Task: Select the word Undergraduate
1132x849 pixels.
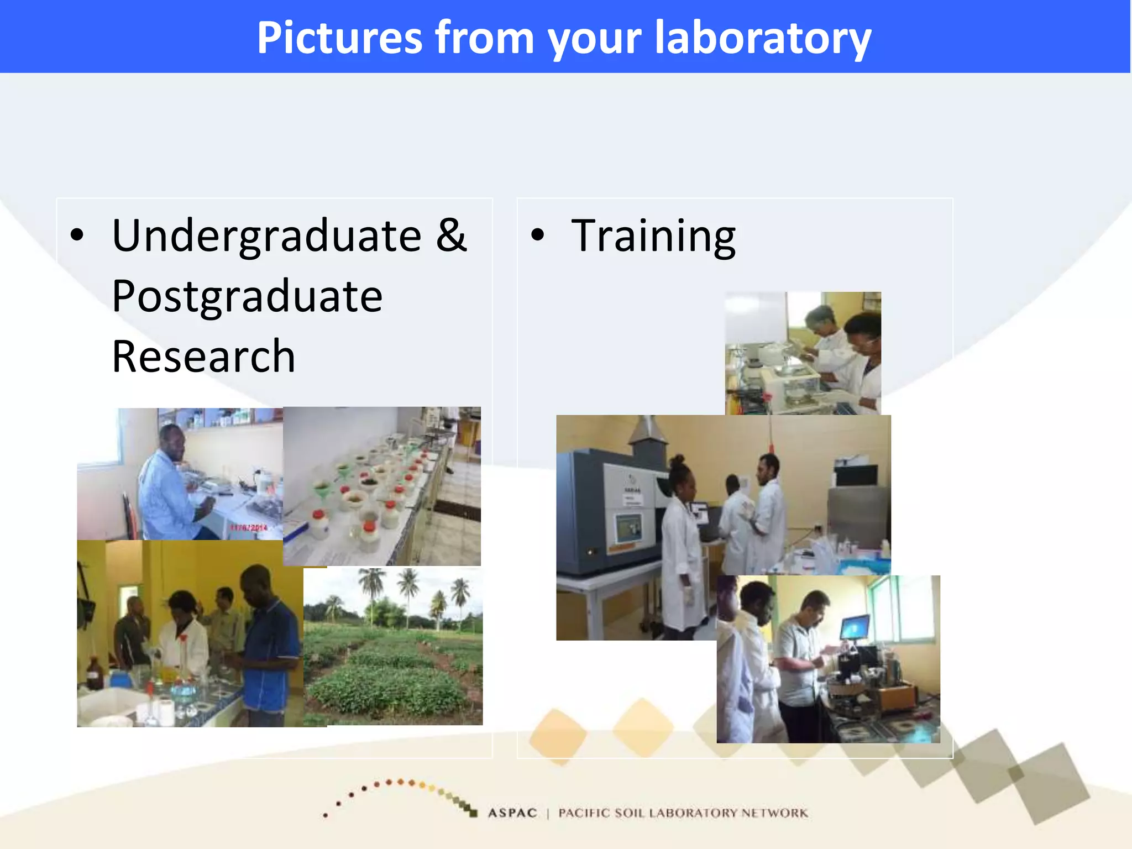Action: pos(266,236)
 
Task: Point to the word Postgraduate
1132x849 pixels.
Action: pos(247,297)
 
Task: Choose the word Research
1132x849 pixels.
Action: pos(203,357)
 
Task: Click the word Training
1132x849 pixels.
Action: pos(653,236)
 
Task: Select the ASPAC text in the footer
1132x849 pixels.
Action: pos(512,813)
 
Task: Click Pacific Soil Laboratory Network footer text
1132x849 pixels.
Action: pos(683,813)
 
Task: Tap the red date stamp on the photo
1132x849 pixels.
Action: pos(248,528)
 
